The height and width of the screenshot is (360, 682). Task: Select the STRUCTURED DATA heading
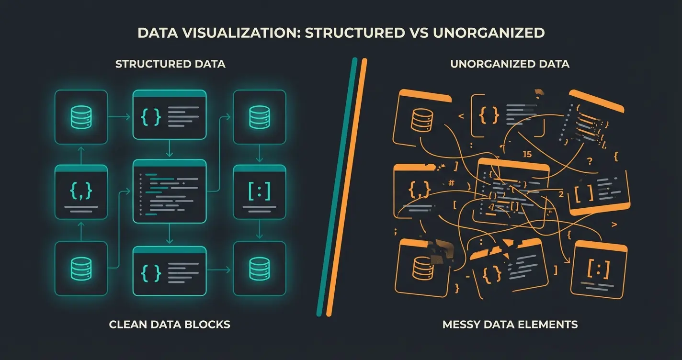click(170, 64)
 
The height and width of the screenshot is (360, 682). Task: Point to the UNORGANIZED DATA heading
click(510, 64)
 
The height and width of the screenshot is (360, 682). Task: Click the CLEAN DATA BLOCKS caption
click(170, 325)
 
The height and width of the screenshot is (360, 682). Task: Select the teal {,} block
click(81, 192)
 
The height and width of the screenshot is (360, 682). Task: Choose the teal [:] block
click(259, 192)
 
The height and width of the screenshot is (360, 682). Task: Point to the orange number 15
click(527, 155)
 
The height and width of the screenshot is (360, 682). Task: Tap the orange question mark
click(590, 161)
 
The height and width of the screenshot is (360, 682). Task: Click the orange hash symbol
click(451, 182)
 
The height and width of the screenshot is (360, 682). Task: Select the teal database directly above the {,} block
click(81, 117)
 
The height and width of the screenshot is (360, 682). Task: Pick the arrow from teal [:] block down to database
click(259, 230)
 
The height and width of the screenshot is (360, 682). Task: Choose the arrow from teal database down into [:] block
click(259, 154)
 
